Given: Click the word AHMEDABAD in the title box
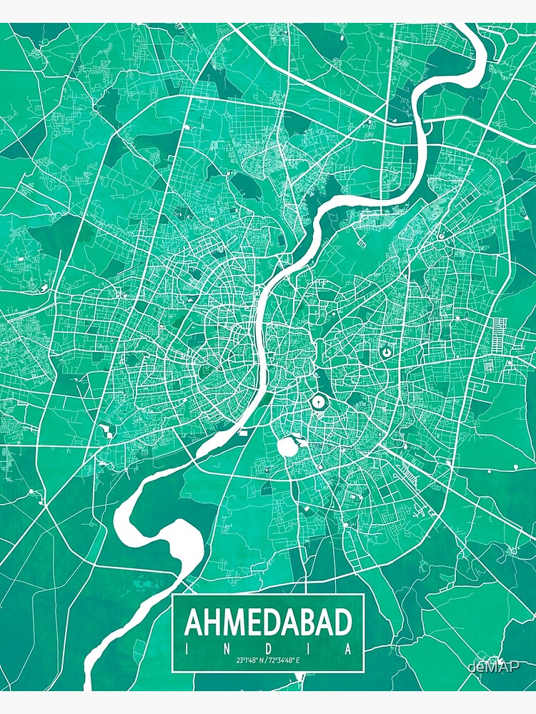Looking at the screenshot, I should coord(269,623).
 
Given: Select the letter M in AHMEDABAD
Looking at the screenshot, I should coord(234,623).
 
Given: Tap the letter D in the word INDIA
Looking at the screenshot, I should coord(269,649).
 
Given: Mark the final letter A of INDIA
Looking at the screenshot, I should coord(348,649).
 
